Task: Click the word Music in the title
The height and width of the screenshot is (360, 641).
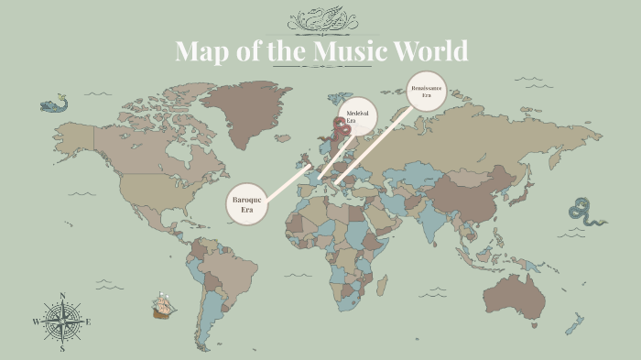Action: coord(349,50)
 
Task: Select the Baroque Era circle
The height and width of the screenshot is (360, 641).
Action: coord(246,204)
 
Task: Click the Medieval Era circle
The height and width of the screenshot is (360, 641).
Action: coord(357,116)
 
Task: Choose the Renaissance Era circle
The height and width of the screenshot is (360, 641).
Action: coord(426,92)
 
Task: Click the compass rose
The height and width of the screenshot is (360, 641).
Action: coord(62,322)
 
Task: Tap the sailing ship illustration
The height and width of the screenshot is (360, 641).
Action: coord(164,305)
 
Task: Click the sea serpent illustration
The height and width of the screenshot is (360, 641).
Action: coord(586,212)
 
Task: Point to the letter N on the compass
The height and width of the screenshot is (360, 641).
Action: coord(62,296)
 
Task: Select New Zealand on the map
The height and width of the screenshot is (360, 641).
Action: coord(576,323)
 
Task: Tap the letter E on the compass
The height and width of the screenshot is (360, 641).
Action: coord(88,322)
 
